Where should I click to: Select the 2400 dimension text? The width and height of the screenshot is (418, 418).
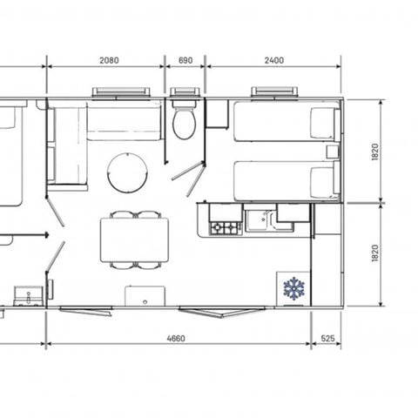(x=273, y=61)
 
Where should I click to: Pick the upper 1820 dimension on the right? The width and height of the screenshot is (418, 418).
(x=375, y=152)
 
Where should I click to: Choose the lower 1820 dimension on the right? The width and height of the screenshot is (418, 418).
(x=375, y=253)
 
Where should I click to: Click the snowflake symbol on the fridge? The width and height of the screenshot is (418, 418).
(x=293, y=287)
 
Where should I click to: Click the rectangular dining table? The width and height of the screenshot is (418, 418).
(x=134, y=238)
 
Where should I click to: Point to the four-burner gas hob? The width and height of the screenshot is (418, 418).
(x=225, y=227)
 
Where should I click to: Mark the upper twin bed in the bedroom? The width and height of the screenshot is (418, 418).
(x=285, y=122)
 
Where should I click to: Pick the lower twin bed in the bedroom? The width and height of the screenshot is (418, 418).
(x=285, y=179)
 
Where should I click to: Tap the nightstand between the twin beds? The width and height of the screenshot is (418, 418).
(x=332, y=152)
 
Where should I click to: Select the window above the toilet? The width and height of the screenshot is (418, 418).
(x=185, y=91)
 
